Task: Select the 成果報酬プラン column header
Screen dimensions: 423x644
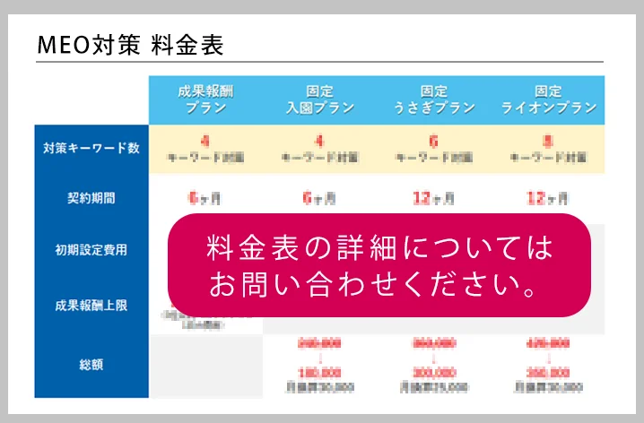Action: (x=205, y=99)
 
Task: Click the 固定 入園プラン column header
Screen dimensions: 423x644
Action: (x=319, y=99)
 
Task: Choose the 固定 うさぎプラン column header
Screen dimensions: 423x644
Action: (x=433, y=99)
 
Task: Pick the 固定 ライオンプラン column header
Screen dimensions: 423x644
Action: (x=547, y=99)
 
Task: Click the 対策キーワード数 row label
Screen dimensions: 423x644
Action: (x=91, y=149)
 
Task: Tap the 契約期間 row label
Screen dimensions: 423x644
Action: (x=91, y=198)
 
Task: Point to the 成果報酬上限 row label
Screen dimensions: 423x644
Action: (x=91, y=305)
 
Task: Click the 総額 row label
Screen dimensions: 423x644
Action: (x=91, y=365)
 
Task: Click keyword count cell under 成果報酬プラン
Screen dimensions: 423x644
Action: (x=205, y=149)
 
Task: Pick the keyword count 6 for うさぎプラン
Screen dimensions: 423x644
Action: (x=433, y=149)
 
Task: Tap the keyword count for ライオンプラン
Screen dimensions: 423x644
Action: (x=547, y=149)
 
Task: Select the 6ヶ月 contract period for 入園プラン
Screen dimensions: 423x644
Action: (x=319, y=198)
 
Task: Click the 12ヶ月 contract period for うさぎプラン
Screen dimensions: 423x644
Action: (x=433, y=198)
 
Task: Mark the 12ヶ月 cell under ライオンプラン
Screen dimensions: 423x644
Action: (x=547, y=198)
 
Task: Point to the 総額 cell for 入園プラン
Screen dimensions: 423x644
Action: (x=319, y=365)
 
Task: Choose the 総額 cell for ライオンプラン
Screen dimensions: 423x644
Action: (x=547, y=365)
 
